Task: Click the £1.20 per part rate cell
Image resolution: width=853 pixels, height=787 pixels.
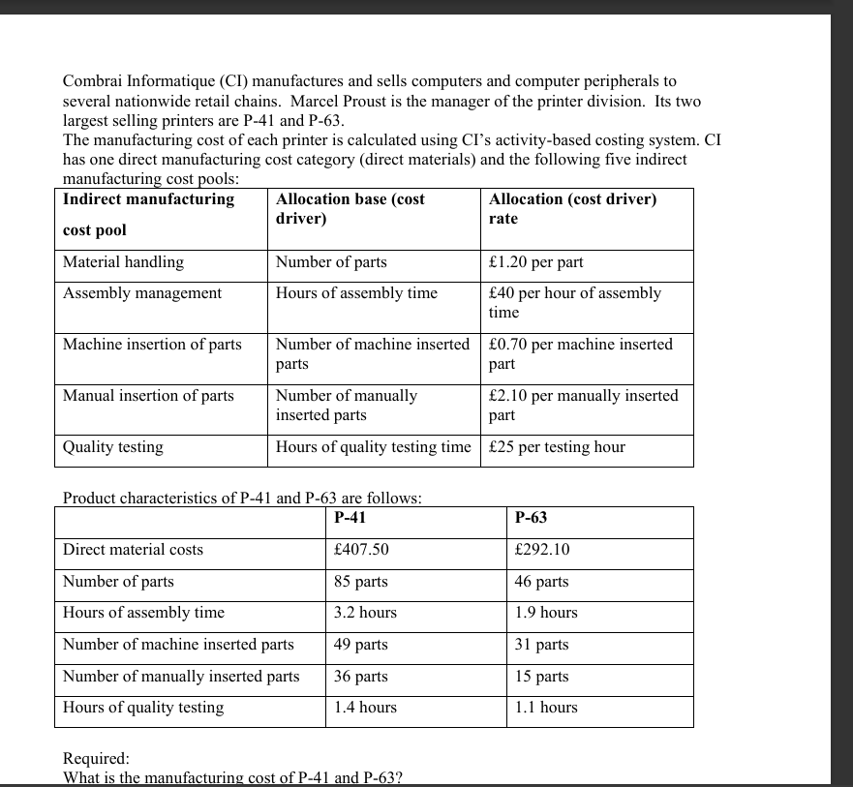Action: pos(535,262)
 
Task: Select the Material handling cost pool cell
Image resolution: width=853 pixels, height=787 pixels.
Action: pos(123,262)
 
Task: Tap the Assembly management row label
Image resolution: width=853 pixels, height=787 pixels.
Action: pos(142,293)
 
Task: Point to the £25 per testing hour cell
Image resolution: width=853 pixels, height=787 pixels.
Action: pos(557,447)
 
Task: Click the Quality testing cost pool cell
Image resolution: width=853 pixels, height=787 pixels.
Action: pos(113,447)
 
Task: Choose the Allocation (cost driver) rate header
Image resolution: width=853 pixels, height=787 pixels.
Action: pos(572,208)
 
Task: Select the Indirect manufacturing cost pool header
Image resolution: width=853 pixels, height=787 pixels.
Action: pos(148,213)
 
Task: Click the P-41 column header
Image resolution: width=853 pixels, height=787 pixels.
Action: pos(350,518)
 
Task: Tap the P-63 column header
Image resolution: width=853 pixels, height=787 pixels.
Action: pos(532,518)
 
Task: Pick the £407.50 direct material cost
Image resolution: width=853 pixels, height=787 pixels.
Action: pos(361,550)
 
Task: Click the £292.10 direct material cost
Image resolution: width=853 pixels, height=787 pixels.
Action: pos(542,550)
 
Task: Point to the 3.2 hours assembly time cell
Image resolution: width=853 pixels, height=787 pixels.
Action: pos(365,613)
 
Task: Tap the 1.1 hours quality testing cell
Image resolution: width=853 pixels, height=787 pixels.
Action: pos(546,708)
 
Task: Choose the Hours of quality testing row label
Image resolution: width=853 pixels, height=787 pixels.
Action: pos(143,708)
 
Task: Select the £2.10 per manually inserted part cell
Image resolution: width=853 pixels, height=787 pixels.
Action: pos(583,405)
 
